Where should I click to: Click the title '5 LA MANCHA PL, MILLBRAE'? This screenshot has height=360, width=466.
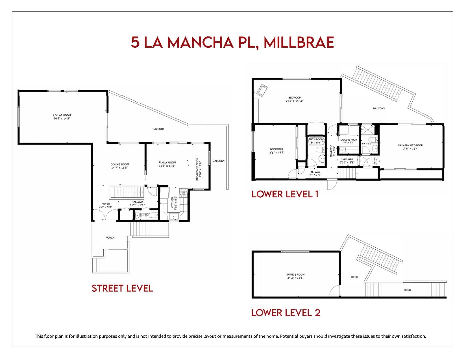point(232,42)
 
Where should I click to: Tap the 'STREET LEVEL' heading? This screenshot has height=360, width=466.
point(122,288)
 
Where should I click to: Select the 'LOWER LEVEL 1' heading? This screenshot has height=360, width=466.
point(285,194)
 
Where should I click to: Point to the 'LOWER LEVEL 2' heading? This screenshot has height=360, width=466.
point(286,313)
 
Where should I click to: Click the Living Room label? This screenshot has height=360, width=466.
point(62,117)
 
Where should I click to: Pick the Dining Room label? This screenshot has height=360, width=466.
point(120,166)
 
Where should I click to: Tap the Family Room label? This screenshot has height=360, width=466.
point(167,164)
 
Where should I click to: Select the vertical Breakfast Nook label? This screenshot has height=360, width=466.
point(198,169)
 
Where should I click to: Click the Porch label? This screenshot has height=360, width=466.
point(110,238)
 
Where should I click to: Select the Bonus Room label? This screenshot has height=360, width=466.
point(296,276)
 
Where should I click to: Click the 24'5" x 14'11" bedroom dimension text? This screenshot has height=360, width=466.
point(294,101)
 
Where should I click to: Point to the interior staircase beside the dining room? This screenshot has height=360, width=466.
point(127,192)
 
